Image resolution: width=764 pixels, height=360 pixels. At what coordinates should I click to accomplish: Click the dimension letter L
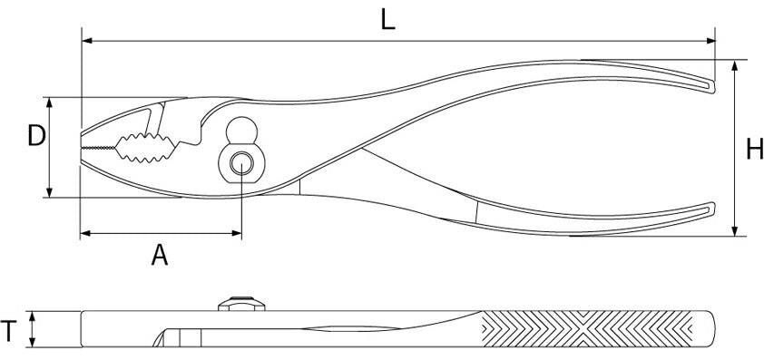(x=387, y=20)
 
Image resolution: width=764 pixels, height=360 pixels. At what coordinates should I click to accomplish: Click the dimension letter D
(x=36, y=135)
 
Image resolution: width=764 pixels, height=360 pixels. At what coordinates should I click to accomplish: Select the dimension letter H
(x=755, y=149)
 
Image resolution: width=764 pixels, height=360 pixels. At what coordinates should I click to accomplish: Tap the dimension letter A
(x=160, y=255)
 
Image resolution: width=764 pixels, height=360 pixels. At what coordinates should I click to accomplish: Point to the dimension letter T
(x=9, y=331)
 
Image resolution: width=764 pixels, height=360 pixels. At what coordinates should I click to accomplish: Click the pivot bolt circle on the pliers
(x=241, y=163)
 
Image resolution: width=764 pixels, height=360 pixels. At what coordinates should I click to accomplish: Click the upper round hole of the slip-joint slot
(x=241, y=130)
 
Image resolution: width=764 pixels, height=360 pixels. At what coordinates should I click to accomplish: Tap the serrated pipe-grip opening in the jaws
(x=146, y=148)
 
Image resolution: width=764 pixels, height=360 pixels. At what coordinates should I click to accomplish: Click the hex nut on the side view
(x=241, y=304)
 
